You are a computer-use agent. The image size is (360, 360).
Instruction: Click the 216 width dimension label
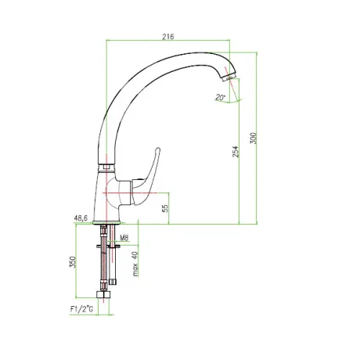pyautogui.click(x=168, y=37)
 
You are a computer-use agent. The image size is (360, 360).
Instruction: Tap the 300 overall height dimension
pyautogui.click(x=254, y=139)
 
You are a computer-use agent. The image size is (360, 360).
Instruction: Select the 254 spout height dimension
pyautogui.click(x=236, y=152)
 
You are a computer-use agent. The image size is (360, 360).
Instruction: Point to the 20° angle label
pyautogui.click(x=220, y=98)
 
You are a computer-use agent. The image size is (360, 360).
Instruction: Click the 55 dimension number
pyautogui.click(x=165, y=208)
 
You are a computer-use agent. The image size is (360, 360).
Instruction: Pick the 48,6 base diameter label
pyautogui.click(x=81, y=218)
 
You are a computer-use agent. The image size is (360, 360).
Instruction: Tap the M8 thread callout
pyautogui.click(x=124, y=238)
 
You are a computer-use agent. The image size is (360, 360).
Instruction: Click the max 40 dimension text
pyautogui.click(x=135, y=264)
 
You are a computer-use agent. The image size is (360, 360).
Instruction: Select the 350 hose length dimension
pyautogui.click(x=73, y=262)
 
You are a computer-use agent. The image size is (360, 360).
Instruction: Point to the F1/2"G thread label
pyautogui.click(x=81, y=309)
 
